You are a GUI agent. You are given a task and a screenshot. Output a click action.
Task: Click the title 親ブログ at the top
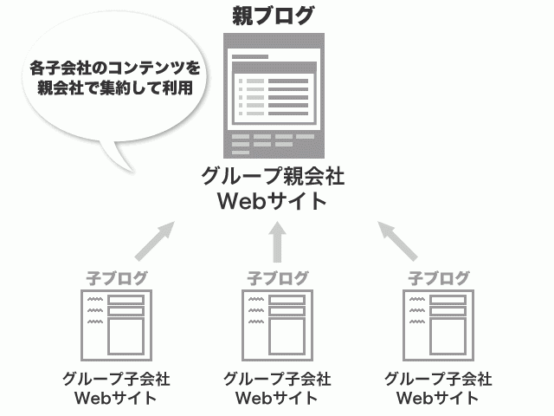click(x=274, y=15)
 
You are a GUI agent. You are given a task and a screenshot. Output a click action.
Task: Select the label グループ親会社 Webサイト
click(x=274, y=188)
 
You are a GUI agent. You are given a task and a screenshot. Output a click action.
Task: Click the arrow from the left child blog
click(x=156, y=240)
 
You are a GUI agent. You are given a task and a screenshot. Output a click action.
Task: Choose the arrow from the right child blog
click(x=398, y=240)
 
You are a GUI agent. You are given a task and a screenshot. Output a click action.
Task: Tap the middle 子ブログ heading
click(x=277, y=278)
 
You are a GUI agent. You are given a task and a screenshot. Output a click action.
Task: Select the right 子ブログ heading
click(x=438, y=278)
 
